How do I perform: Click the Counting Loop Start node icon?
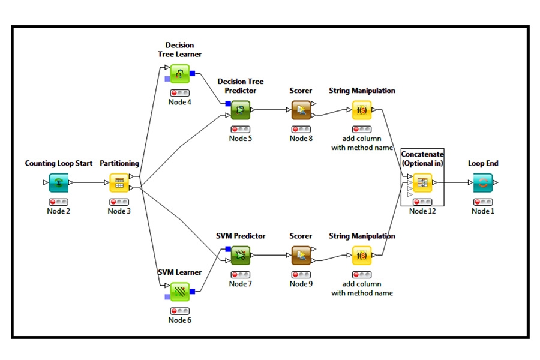59,183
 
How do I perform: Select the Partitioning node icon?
119,183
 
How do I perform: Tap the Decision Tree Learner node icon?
180,74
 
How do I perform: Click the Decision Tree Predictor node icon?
240,110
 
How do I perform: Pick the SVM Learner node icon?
180,292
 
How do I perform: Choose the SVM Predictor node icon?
240,256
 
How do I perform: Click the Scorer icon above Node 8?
301,110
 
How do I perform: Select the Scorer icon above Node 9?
301,256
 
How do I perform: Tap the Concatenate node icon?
422,183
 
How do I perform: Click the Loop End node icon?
482,183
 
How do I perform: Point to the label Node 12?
422,211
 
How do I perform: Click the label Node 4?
180,102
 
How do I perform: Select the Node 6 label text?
180,320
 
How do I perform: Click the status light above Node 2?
59,202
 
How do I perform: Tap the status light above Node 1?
482,202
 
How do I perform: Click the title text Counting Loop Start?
59,163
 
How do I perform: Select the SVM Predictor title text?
241,236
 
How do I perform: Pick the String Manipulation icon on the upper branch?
362,110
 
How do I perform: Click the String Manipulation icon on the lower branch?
362,256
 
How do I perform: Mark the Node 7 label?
240,284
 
